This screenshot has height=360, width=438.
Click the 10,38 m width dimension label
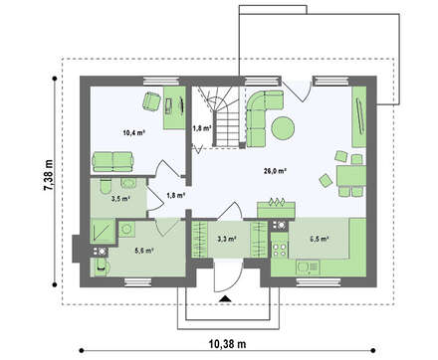tap(227, 344)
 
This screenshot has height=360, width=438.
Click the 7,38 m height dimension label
tap(49, 175)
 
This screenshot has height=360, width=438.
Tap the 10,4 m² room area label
tap(134, 133)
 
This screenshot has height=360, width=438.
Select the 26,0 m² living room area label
tap(275, 171)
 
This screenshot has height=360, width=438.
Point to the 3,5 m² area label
tap(120, 199)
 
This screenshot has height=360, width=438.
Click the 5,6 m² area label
tap(144, 251)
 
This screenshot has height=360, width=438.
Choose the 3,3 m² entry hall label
tap(227, 239)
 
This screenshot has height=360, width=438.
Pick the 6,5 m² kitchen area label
tap(320, 239)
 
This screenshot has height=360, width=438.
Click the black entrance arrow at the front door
tap(225, 298)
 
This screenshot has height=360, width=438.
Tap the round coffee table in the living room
tap(283, 127)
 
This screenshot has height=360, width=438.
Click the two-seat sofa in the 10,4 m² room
tap(112, 162)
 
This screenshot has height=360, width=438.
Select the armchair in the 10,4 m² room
tap(151, 100)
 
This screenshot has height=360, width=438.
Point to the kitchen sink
tap(308, 268)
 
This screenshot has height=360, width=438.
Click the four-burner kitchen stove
tap(280, 250)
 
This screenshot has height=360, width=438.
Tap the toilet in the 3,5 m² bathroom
tap(106, 187)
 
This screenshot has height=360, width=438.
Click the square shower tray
tap(103, 231)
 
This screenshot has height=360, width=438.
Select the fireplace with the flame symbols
tap(276, 208)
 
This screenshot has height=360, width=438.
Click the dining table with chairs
tap(351, 176)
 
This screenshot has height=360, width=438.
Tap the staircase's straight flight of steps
tap(226, 129)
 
